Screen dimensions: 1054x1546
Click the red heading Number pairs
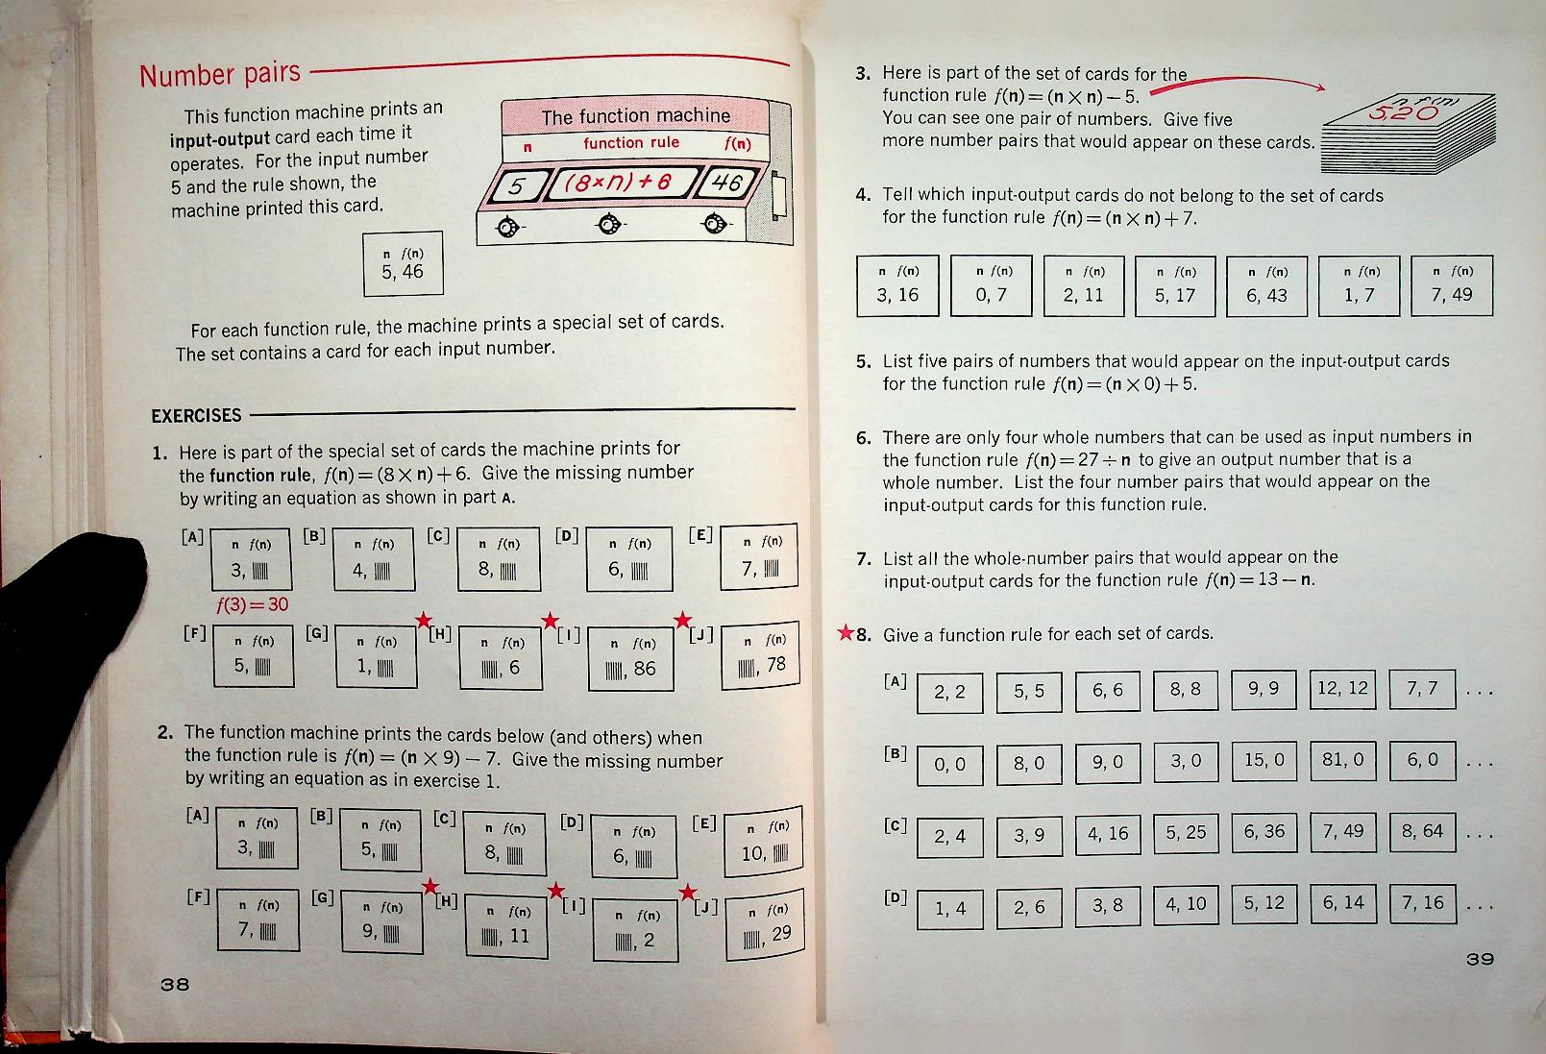[220, 74]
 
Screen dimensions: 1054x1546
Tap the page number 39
[1480, 959]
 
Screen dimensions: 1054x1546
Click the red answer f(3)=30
[252, 604]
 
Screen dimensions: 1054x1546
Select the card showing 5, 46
[403, 264]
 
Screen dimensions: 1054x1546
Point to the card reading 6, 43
[1266, 285]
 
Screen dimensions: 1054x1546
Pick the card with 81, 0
[1342, 761]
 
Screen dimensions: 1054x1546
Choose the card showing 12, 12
[1342, 689]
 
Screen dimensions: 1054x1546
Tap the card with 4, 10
[1186, 905]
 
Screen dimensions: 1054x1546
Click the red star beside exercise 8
[845, 633]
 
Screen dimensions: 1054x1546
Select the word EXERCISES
[197, 416]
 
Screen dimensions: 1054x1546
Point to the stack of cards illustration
[1408, 134]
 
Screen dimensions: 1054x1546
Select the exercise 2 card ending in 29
[764, 929]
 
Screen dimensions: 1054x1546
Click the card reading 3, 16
[896, 285]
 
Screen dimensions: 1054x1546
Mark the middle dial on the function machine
[607, 225]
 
